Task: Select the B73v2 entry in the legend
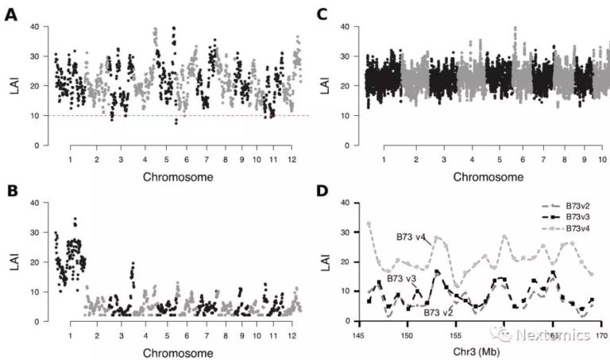coord(570,206)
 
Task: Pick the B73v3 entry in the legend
coord(570,217)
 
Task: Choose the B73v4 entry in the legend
coord(570,228)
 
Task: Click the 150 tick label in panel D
coord(407,335)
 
